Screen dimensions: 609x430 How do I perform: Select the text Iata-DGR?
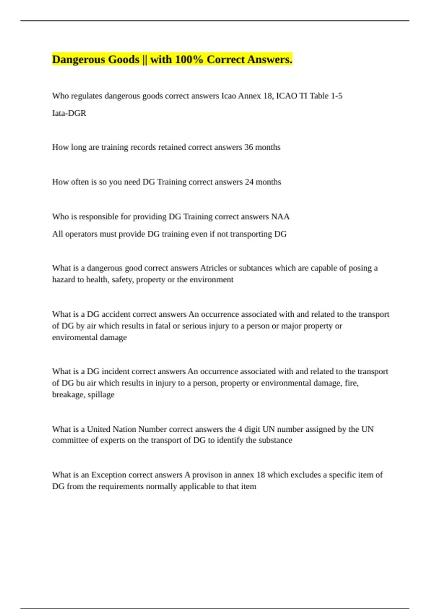[x=69, y=113]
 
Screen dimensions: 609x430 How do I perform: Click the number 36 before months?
[x=249, y=147]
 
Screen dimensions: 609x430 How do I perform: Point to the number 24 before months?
[x=249, y=182]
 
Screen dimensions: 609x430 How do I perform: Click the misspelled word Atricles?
[x=214, y=268]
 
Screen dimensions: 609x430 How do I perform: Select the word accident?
[x=116, y=314]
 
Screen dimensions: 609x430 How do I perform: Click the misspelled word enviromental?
[x=75, y=337]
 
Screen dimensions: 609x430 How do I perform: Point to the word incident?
[x=116, y=371]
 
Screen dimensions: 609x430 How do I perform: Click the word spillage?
[x=101, y=394]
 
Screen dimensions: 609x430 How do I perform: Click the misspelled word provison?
[x=207, y=475]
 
